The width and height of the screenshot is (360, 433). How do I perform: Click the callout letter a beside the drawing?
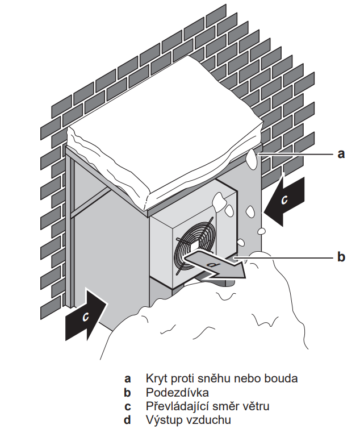tap(341, 153)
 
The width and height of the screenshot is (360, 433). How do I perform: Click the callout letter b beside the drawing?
tap(341, 257)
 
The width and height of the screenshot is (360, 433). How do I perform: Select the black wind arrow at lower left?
tap(86, 315)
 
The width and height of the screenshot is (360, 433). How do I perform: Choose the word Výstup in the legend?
tap(163, 420)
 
